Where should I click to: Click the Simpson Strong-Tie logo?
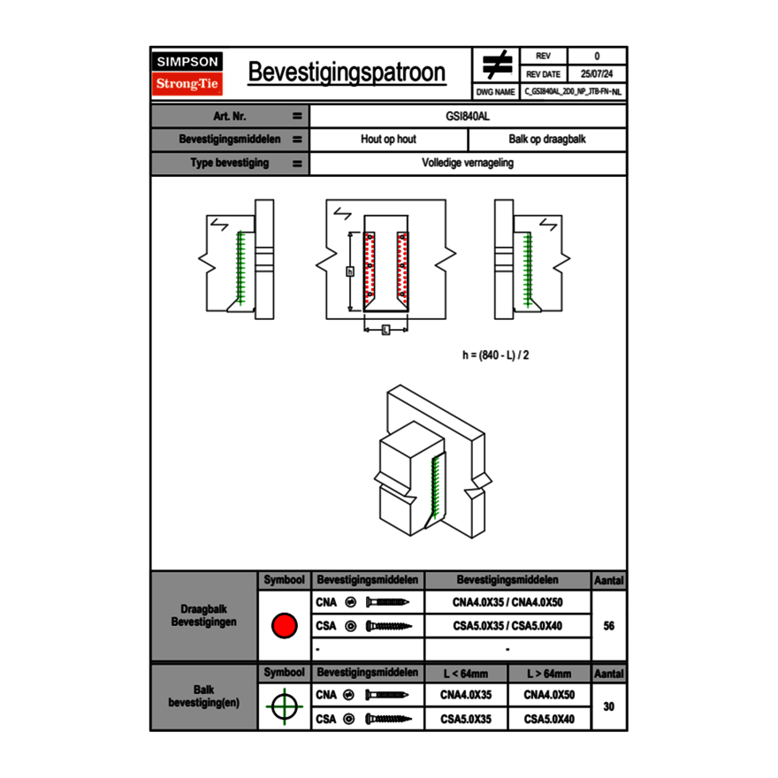pyautogui.click(x=188, y=73)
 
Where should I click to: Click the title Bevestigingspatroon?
pyautogui.click(x=346, y=72)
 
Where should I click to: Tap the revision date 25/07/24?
pyautogui.click(x=597, y=74)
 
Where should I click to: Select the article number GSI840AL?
pyautogui.click(x=468, y=116)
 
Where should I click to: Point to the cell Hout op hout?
pyautogui.click(x=388, y=140)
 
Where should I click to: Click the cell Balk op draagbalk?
pyautogui.click(x=547, y=140)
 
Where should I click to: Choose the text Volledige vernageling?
pyautogui.click(x=468, y=164)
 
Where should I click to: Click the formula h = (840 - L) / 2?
pyautogui.click(x=495, y=355)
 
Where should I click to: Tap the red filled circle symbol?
pyautogui.click(x=283, y=626)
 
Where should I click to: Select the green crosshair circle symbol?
pyautogui.click(x=283, y=706)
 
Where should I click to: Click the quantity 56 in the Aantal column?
pyautogui.click(x=608, y=626)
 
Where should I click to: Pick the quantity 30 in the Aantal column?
pyautogui.click(x=608, y=706)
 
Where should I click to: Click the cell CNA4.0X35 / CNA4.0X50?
pyautogui.click(x=507, y=603)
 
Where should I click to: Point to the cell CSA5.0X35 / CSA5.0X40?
pyautogui.click(x=507, y=626)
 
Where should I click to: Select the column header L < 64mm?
pyautogui.click(x=466, y=674)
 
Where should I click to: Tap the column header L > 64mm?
pyautogui.click(x=549, y=674)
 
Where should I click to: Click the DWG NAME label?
pyautogui.click(x=495, y=91)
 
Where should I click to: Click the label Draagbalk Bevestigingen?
pyautogui.click(x=203, y=616)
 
